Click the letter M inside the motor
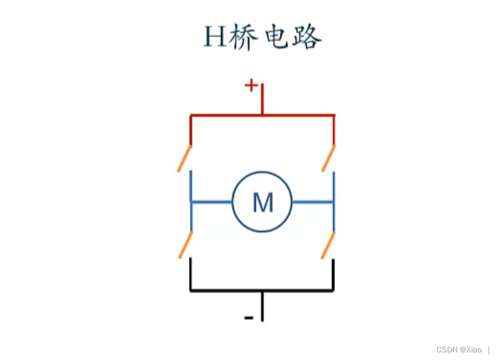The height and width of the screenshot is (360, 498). [x=263, y=203]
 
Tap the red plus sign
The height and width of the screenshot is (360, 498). [x=251, y=86]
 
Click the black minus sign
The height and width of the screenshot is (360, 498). [x=249, y=318]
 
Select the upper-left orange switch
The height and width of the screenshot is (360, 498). [x=184, y=158]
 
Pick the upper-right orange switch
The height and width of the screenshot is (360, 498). [x=328, y=158]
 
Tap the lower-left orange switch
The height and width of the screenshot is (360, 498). [x=185, y=245]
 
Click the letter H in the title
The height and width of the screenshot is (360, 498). [x=215, y=37]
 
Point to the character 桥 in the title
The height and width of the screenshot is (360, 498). [x=243, y=37]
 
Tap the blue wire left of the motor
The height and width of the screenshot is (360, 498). [x=211, y=202]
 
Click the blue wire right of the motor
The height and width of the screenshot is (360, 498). [x=313, y=202]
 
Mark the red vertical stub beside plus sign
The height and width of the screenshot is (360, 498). [x=262, y=99]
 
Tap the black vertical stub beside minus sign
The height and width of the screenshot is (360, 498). [x=262, y=306]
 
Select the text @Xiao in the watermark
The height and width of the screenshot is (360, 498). [x=471, y=349]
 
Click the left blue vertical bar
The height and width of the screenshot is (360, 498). [x=191, y=202]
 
